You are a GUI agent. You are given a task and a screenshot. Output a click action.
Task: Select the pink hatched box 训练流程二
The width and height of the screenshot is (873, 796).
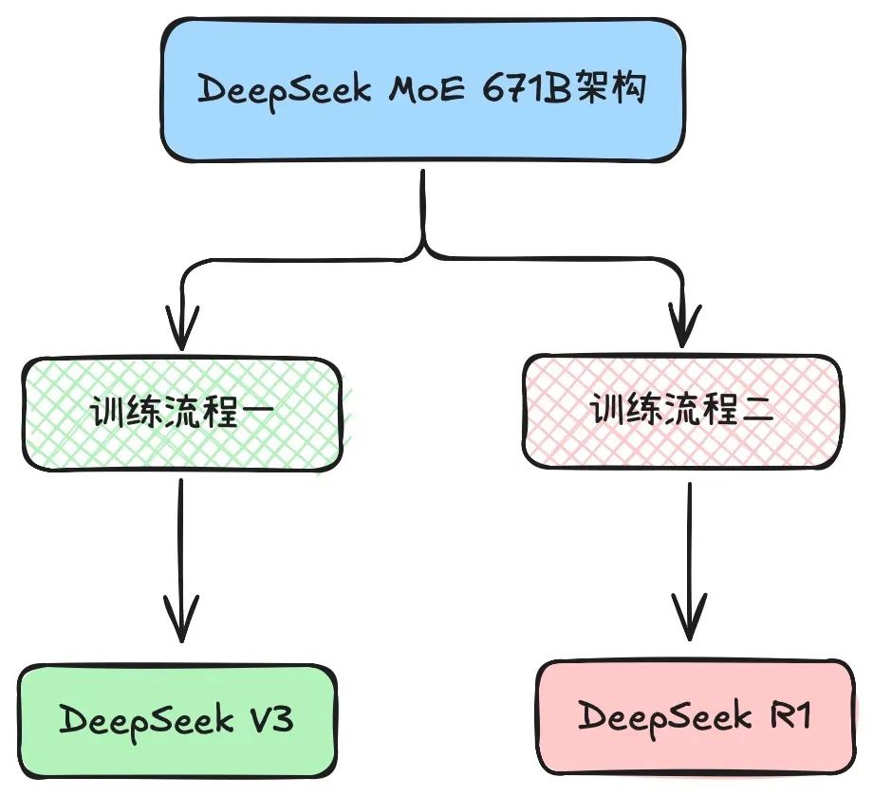pyautogui.click(x=681, y=412)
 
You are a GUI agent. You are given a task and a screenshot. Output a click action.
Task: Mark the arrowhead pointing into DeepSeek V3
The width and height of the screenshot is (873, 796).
pyautogui.click(x=180, y=626)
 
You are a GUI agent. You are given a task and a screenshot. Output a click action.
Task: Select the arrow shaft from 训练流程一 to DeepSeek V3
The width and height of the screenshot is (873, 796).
pyautogui.click(x=180, y=541)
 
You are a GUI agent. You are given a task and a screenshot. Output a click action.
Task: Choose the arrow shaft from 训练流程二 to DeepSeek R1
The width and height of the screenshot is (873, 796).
pyautogui.click(x=690, y=541)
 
